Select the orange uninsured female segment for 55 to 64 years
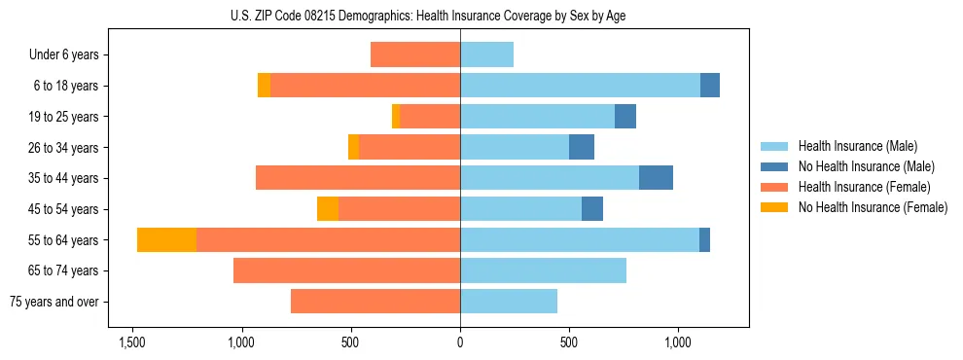(166, 239)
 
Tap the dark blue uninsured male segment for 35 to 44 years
(656, 178)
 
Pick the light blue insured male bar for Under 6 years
(486, 54)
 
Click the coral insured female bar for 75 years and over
(375, 302)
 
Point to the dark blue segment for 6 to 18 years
(710, 86)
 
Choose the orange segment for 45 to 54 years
(328, 209)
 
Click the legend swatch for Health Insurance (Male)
(774, 146)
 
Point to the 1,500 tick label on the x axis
(132, 342)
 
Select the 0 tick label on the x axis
(460, 342)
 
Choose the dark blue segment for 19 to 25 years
(625, 117)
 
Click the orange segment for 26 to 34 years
(353, 147)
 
